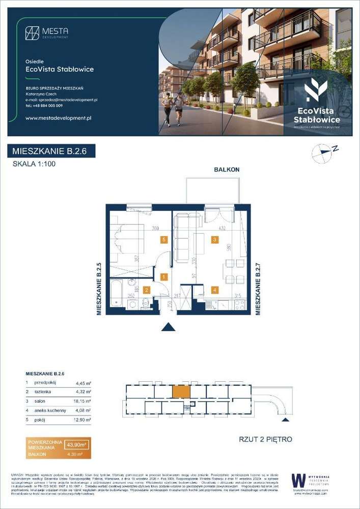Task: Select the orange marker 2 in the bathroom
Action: [x=146, y=290]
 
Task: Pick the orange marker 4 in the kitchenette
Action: [x=215, y=290]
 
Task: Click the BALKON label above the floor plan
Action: [x=227, y=169]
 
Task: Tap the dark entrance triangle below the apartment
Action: [x=168, y=327]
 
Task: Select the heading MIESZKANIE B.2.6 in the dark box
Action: [x=51, y=151]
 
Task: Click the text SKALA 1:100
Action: [x=34, y=164]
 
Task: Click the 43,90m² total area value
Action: [x=77, y=445]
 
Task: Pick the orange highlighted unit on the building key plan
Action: [x=181, y=391]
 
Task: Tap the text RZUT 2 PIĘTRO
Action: [x=265, y=439]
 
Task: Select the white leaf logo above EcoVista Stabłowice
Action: [x=316, y=90]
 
